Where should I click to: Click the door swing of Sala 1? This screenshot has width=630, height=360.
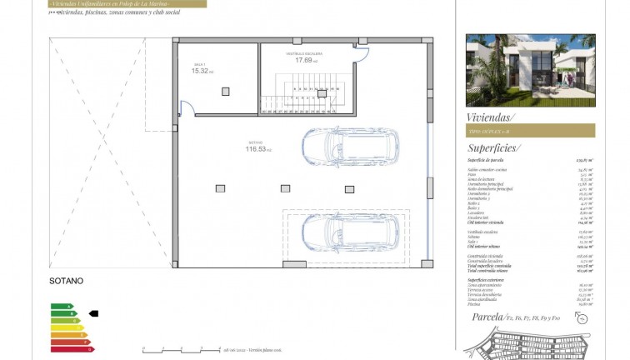point(188,107)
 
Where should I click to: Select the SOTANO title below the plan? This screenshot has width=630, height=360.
point(67,282)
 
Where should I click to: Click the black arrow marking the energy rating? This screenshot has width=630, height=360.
point(92,314)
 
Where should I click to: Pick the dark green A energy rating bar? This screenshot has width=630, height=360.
point(61,306)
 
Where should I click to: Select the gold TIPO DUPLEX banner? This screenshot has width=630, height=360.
point(530,131)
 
